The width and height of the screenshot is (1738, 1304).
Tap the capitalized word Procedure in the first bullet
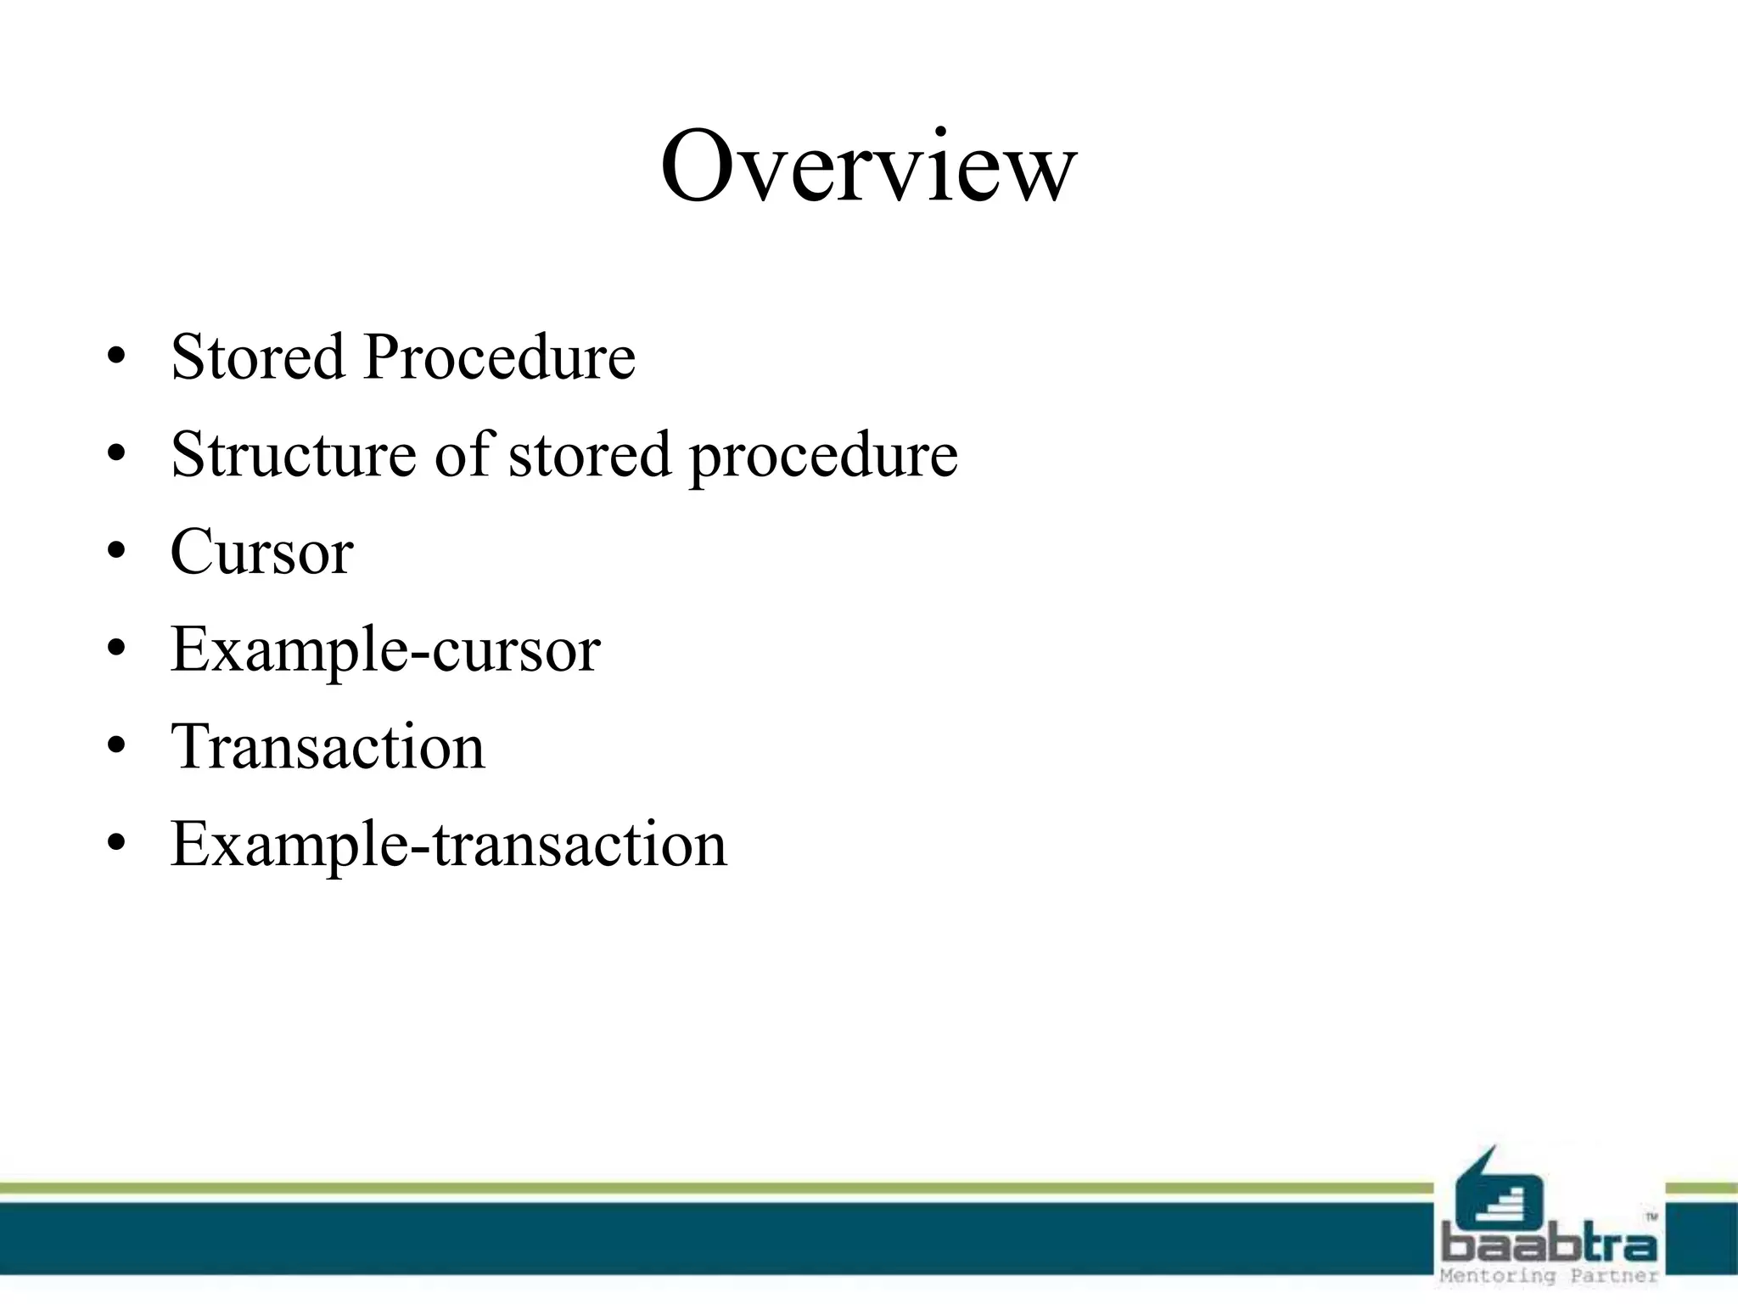tap(499, 357)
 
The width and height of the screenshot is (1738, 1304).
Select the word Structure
tap(294, 454)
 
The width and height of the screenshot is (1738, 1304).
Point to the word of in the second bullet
tap(463, 454)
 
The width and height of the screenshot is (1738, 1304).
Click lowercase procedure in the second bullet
tap(823, 456)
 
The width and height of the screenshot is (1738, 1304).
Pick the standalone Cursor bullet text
tap(261, 552)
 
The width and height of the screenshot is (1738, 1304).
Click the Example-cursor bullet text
tap(385, 650)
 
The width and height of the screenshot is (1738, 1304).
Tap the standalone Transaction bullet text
tap(328, 747)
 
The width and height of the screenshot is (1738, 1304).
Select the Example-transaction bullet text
tap(448, 845)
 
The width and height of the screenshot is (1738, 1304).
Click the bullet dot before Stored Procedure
tap(117, 357)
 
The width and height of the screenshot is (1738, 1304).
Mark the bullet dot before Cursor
tap(117, 552)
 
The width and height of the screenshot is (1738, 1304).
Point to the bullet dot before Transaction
tap(117, 747)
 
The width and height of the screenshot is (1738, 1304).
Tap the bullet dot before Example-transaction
tap(117, 845)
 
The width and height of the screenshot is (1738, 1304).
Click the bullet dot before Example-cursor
tap(117, 649)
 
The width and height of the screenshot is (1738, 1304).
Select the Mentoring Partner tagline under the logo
tap(1549, 1276)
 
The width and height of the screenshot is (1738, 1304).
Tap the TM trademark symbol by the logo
tap(1651, 1217)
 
